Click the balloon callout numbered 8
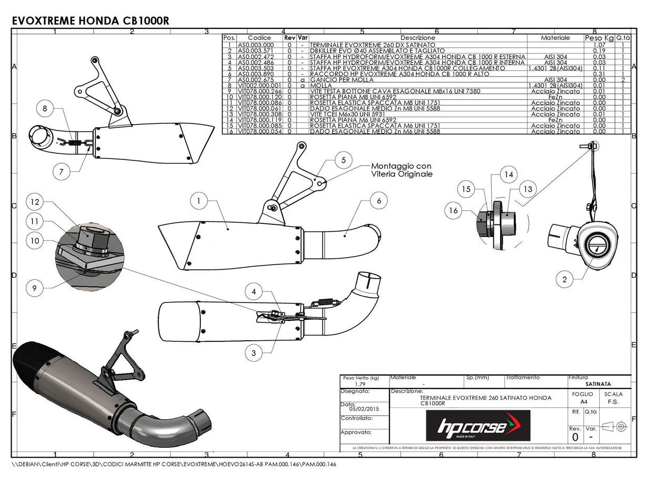[x=45, y=109]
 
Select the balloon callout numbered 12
[x=35, y=202]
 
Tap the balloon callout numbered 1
[x=199, y=200]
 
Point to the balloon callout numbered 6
[x=379, y=200]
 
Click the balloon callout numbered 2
[x=564, y=279]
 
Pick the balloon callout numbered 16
[x=453, y=211]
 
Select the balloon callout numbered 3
[x=254, y=353]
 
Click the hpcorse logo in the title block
[x=478, y=425]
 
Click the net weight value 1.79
[x=360, y=384]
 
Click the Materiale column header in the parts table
[x=555, y=38]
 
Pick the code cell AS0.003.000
[x=256, y=45]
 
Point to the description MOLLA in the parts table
[x=320, y=85]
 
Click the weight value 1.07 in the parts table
[x=599, y=45]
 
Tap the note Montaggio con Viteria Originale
[x=402, y=170]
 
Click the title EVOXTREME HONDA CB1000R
[x=90, y=20]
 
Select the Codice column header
[x=260, y=38]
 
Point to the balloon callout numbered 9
[x=35, y=287]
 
